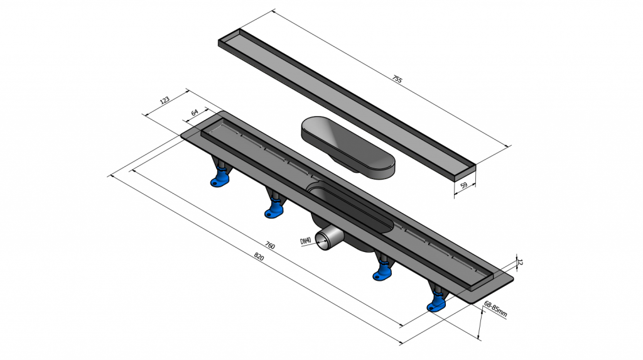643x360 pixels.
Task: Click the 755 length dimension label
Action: click(x=397, y=79)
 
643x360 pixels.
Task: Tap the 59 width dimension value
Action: click(x=464, y=185)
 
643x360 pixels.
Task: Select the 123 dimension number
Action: click(x=165, y=100)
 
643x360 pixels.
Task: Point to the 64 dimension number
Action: click(x=195, y=112)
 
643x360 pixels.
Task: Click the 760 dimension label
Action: click(x=270, y=246)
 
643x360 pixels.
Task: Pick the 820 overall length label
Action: click(x=259, y=257)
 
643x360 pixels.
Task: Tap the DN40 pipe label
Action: click(x=306, y=241)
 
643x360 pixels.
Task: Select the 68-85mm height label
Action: click(x=495, y=308)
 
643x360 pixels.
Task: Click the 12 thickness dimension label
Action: click(x=520, y=262)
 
